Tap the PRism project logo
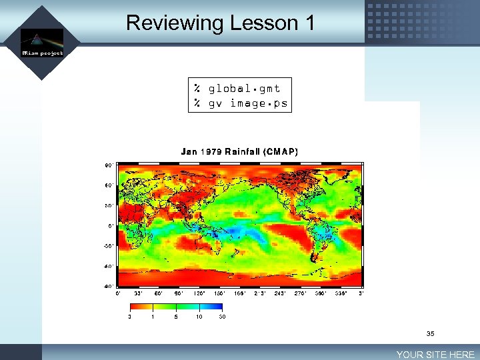coord(42,43)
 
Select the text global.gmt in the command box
coord(244,89)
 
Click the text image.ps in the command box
coord(259,103)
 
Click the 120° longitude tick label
coord(199,293)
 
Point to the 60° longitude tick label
coord(159,293)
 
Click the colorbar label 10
coord(199,317)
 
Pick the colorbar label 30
coord(222,317)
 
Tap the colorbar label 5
coord(176,317)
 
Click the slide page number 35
coord(431,333)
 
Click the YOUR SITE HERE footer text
coord(435,355)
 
